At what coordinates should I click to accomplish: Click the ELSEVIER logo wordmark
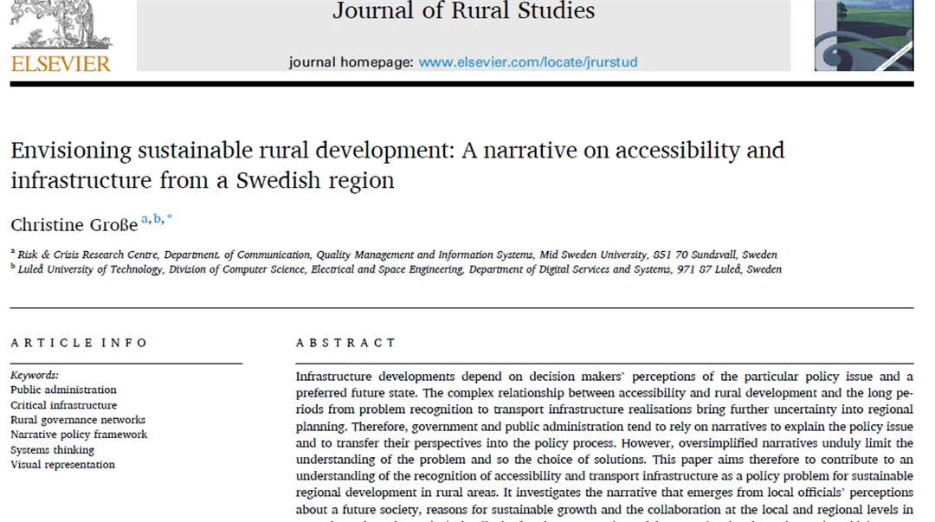(x=61, y=63)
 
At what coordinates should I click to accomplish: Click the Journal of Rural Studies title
(x=463, y=11)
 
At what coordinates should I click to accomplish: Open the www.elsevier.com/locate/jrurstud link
(x=527, y=62)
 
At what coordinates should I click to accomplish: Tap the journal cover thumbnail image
(x=863, y=36)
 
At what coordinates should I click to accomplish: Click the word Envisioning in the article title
(x=71, y=151)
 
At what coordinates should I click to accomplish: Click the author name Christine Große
(x=74, y=224)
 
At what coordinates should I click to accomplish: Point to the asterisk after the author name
(x=170, y=219)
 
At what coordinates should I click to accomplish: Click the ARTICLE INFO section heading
(x=80, y=343)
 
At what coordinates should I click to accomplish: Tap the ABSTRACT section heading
(x=345, y=343)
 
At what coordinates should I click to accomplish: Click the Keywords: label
(x=35, y=375)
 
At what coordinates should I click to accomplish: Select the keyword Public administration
(x=63, y=390)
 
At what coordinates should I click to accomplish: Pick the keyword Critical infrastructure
(x=63, y=405)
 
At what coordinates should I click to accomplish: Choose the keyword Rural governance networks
(x=78, y=420)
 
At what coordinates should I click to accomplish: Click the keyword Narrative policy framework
(x=79, y=435)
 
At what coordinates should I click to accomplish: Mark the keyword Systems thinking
(x=52, y=450)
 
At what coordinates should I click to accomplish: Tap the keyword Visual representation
(x=62, y=465)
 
